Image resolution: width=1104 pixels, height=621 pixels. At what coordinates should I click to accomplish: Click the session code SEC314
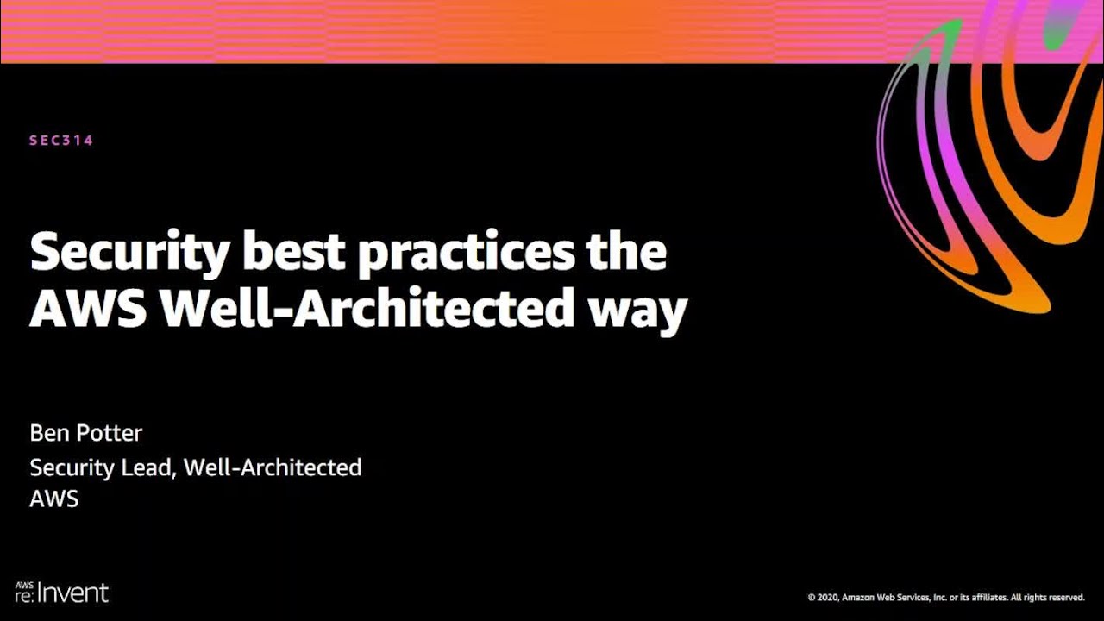tap(61, 141)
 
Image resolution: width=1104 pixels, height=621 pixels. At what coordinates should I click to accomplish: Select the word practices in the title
tap(467, 253)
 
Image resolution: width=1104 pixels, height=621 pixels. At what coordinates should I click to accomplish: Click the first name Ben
tap(48, 433)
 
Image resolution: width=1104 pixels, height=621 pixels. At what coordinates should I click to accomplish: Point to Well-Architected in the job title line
tap(273, 467)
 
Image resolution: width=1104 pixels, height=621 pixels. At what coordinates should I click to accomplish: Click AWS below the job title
tap(54, 499)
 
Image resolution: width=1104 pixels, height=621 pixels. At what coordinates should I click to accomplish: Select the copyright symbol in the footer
tap(811, 597)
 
